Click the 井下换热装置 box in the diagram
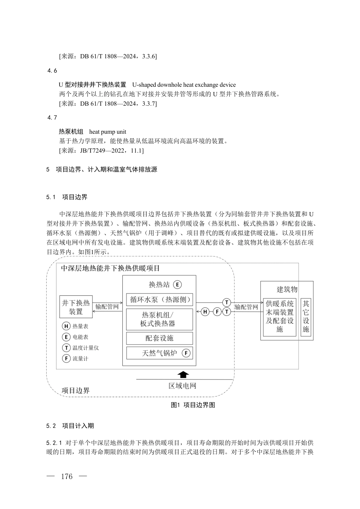point(76,307)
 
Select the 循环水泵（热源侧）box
point(159,299)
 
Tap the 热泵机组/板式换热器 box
point(159,319)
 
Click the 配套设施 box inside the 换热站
point(159,338)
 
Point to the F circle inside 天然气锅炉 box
point(186,353)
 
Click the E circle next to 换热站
point(177,285)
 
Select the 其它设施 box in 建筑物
point(306,316)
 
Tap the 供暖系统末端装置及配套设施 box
point(280,316)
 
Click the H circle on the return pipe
point(205,312)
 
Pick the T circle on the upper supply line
point(226,302)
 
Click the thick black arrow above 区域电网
point(183,375)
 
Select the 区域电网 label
point(182,386)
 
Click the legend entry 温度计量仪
point(80,348)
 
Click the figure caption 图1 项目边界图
point(193,405)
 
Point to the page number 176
point(67,476)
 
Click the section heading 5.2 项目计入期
point(70,426)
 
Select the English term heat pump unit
point(108,132)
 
